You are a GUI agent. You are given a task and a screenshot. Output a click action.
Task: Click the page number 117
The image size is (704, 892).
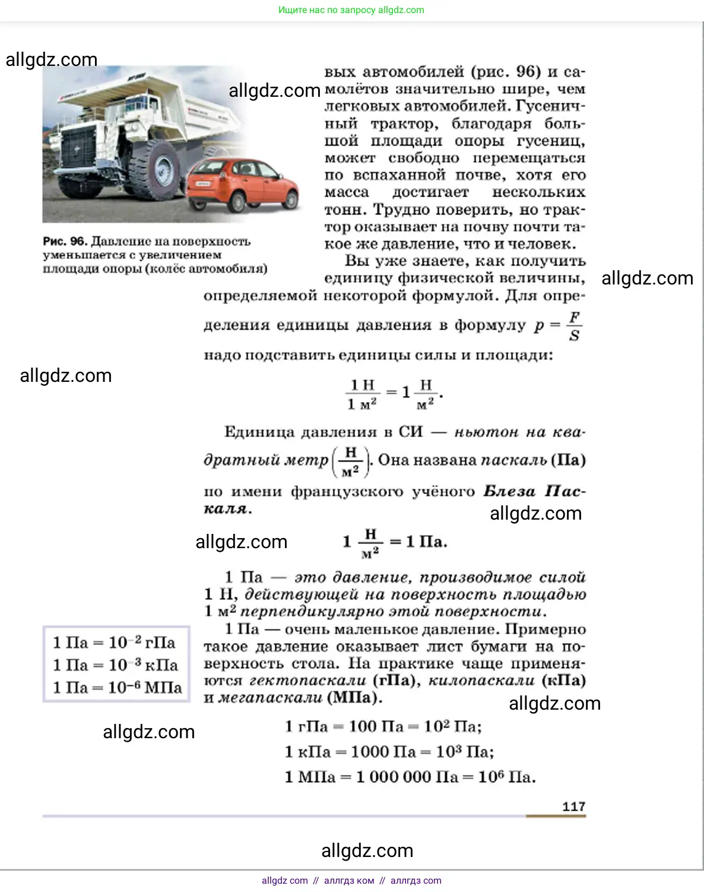click(x=573, y=806)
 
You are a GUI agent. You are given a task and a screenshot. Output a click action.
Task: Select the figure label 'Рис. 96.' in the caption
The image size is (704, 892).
click(x=65, y=241)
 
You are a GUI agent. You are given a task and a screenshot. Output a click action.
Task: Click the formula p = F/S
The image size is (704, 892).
click(x=558, y=326)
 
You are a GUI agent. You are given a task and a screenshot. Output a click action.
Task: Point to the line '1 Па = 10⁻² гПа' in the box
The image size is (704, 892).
click(x=114, y=643)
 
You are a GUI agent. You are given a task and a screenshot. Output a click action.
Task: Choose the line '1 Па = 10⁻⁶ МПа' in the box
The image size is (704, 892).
click(x=117, y=688)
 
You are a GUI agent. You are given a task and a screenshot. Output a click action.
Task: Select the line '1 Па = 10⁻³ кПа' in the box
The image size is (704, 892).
click(x=115, y=665)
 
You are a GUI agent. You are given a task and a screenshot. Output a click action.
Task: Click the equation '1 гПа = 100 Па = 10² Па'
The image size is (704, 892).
click(x=383, y=726)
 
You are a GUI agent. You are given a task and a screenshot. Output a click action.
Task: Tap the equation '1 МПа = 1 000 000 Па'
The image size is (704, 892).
click(x=410, y=777)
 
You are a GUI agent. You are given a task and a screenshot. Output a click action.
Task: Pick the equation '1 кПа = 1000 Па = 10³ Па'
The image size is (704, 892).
click(x=389, y=752)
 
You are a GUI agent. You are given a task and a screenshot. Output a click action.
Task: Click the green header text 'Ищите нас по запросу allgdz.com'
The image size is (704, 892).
click(x=351, y=10)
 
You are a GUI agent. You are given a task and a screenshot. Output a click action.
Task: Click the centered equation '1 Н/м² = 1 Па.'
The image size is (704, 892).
click(x=395, y=542)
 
